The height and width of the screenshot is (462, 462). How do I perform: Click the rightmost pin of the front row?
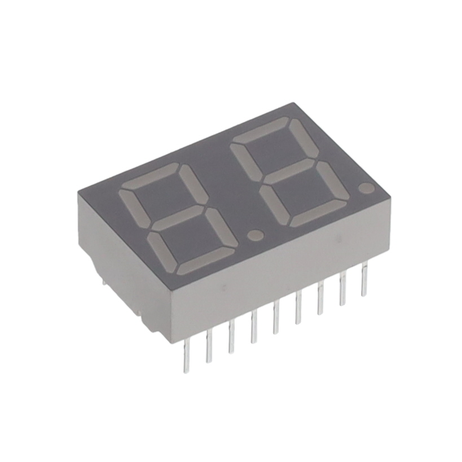point(364,279)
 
